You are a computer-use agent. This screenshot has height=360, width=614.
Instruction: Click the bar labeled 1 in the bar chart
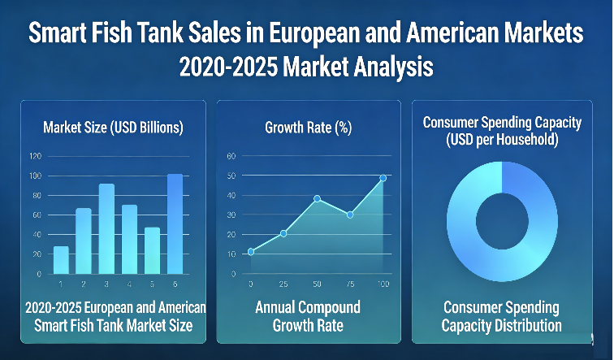point(61,259)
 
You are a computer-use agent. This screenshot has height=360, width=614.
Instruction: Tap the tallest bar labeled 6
point(175,223)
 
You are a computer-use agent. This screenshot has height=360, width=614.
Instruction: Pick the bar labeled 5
point(152,250)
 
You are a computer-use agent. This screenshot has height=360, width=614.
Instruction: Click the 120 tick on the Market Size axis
point(34,156)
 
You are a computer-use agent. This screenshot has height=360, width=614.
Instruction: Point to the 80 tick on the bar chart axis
point(34,195)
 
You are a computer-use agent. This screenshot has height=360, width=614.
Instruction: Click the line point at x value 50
point(318,198)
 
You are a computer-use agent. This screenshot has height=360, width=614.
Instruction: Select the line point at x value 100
point(383,177)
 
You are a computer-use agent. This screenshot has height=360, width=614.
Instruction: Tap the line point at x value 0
point(251,251)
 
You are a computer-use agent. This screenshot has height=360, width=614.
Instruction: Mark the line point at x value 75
point(350,215)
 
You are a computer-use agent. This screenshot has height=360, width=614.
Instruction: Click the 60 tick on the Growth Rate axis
point(231,156)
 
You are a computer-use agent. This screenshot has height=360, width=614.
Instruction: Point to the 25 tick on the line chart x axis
point(283,283)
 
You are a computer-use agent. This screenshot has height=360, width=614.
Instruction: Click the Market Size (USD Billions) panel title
point(113,128)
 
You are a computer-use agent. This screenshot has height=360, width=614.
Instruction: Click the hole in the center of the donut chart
point(501,221)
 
